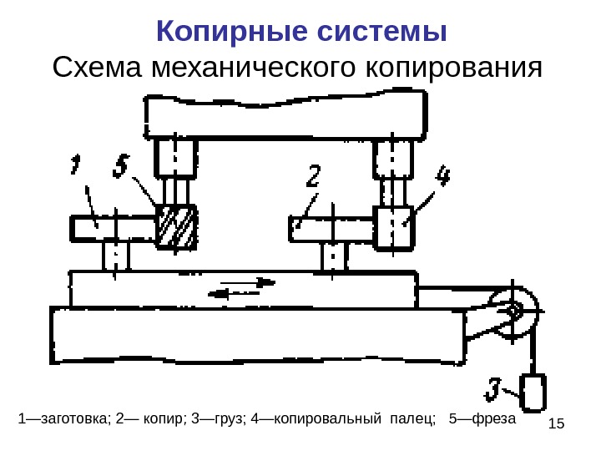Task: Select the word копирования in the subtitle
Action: coord(454,67)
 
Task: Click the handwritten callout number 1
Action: coord(76,165)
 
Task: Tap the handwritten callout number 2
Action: coord(313,177)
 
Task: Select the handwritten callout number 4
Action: coord(442,177)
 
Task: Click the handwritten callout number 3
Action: coord(495,389)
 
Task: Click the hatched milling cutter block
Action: coord(176,227)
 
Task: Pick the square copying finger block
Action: coord(393,227)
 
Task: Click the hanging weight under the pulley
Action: coord(533,392)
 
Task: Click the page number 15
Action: coord(558,424)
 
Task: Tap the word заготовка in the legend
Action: coord(72,417)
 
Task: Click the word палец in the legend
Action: coord(411,417)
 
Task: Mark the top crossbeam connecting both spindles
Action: coord(285,115)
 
